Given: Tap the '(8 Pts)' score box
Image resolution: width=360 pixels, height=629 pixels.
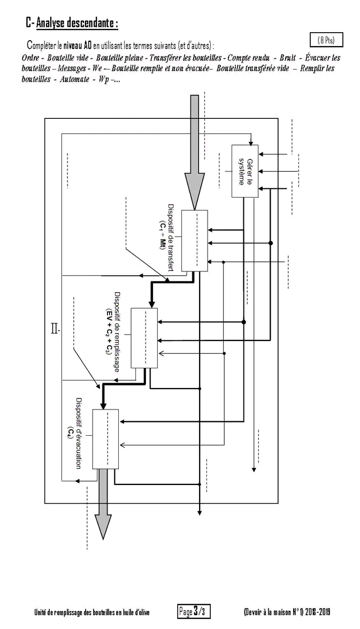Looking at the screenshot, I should click(x=326, y=40).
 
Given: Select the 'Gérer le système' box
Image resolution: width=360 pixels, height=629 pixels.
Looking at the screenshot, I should click(x=245, y=171).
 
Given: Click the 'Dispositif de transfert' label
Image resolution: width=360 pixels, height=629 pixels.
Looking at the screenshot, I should click(x=171, y=238).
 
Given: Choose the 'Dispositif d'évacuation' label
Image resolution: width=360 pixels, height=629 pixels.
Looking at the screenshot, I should click(x=79, y=434).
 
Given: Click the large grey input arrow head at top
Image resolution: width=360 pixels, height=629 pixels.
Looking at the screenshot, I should click(x=194, y=188).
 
